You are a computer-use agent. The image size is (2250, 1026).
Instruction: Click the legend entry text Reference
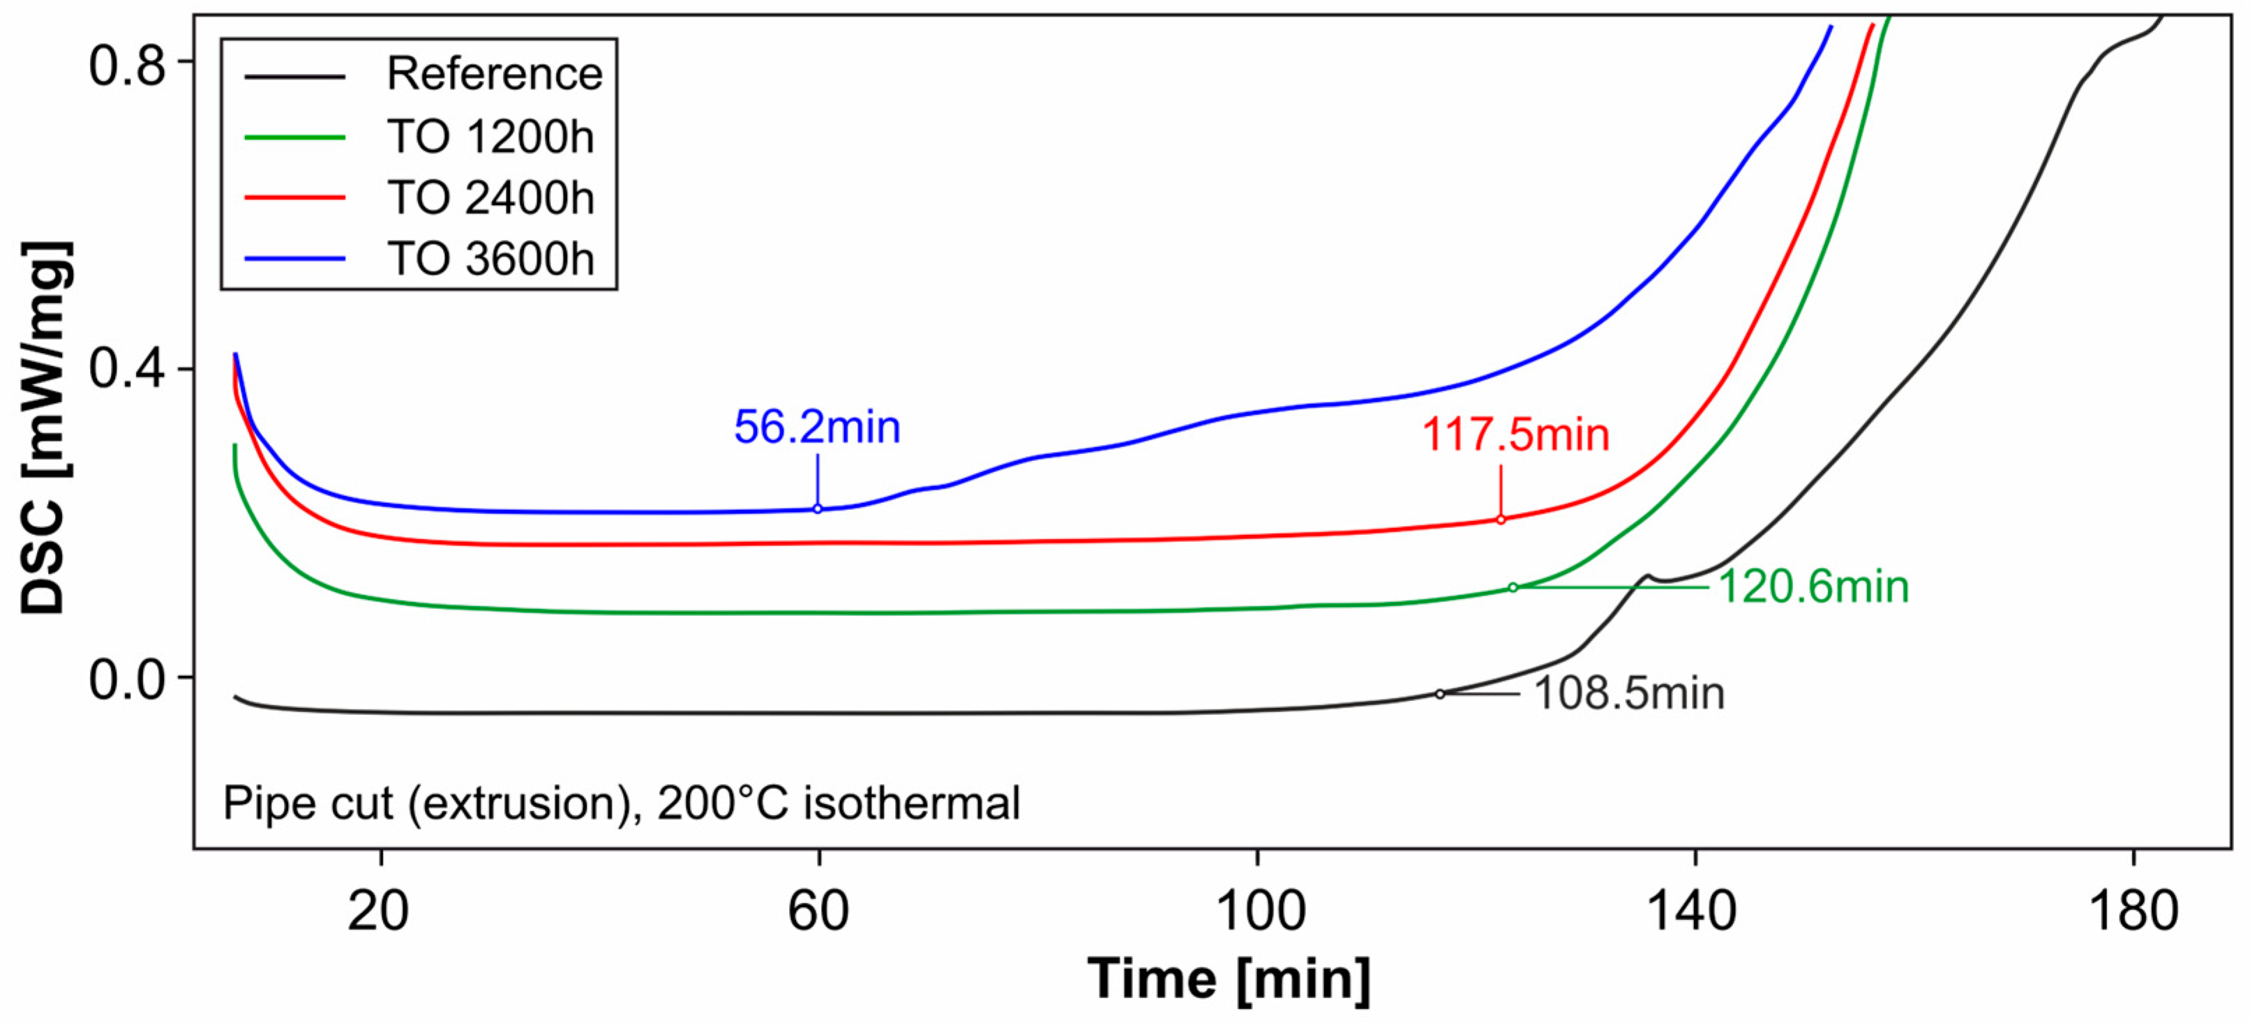(495, 74)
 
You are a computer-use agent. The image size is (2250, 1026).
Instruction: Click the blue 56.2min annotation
(817, 428)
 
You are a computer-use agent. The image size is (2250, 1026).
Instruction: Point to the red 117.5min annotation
(1515, 435)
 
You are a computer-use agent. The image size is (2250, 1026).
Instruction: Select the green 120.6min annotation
(1813, 587)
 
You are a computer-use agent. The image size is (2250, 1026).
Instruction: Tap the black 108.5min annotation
(1629, 694)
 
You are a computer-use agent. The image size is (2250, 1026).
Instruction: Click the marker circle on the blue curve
(818, 509)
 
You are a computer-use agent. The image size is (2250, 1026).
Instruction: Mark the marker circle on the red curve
(1501, 520)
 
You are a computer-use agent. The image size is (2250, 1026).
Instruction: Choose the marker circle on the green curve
(1513, 588)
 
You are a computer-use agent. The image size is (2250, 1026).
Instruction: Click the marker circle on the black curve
(1439, 694)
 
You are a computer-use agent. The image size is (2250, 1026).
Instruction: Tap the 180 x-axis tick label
(2132, 912)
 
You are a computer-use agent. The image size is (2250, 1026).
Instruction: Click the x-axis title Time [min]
(1229, 980)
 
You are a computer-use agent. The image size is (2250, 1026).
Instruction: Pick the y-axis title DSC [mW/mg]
(44, 428)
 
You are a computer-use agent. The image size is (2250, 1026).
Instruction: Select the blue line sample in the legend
(294, 259)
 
